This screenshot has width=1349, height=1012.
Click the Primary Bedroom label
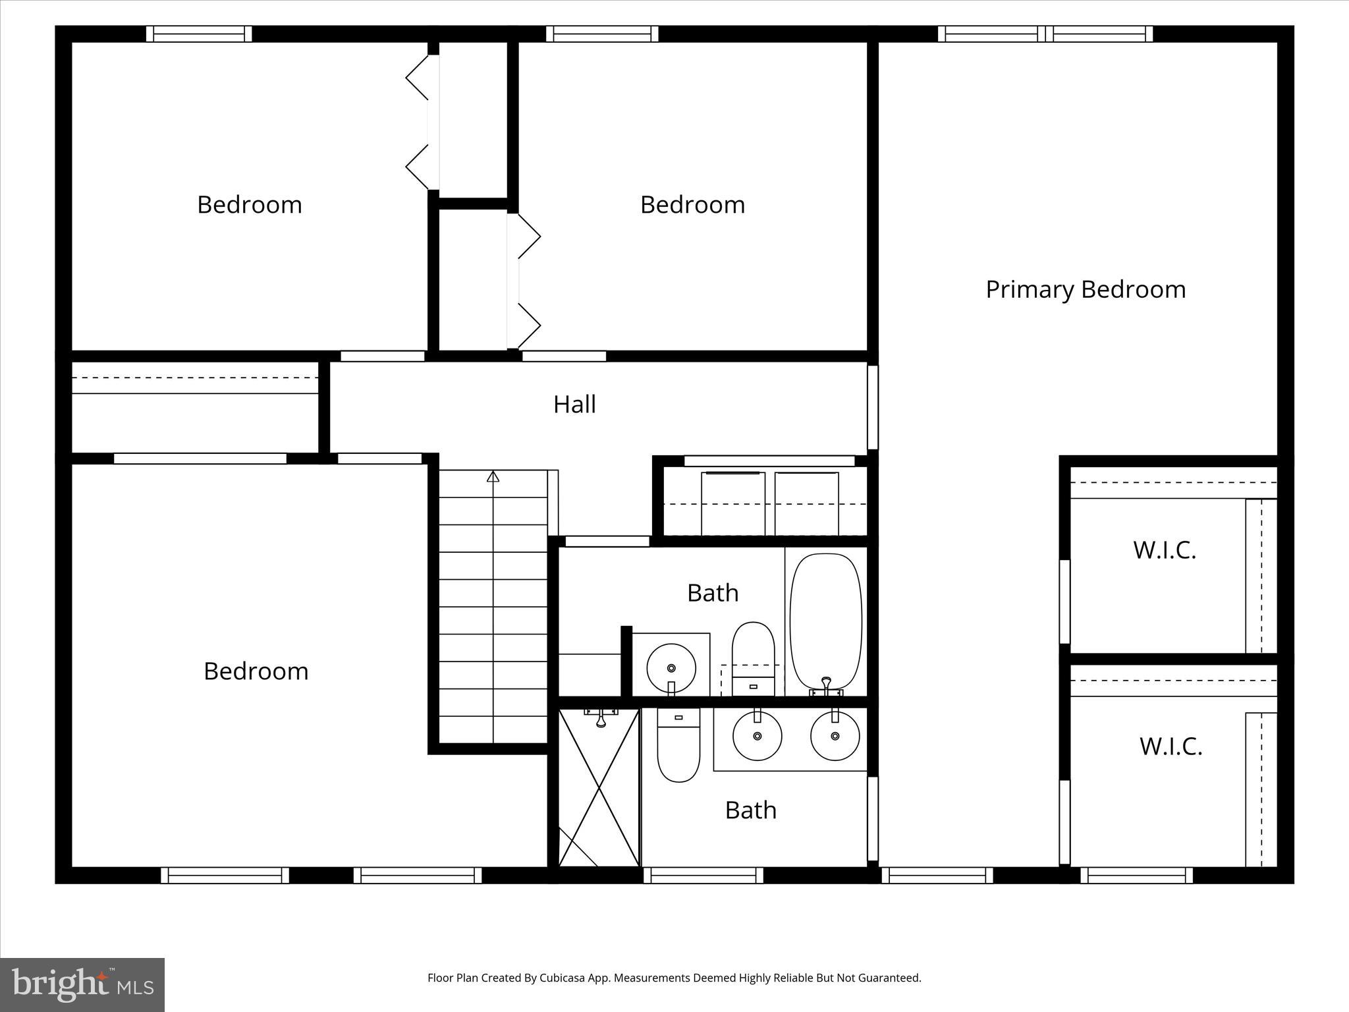tap(1085, 290)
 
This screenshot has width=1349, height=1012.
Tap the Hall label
tap(574, 405)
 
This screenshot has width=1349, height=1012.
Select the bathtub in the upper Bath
tap(825, 621)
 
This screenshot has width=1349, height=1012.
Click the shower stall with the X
tap(599, 788)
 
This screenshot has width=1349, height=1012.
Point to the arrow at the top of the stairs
tap(493, 476)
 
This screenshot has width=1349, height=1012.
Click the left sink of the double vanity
tap(757, 736)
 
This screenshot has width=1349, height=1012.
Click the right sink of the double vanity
tap(835, 736)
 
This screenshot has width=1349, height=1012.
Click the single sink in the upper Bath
tap(671, 667)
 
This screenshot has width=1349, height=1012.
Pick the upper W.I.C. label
tap(1164, 550)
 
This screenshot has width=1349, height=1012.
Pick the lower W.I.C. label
tap(1170, 746)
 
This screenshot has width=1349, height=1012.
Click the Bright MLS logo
tap(82, 984)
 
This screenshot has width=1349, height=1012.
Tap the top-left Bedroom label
tap(249, 205)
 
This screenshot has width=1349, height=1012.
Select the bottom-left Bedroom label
tap(256, 671)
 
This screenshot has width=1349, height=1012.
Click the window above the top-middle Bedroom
tap(602, 34)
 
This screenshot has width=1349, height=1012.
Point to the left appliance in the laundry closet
tap(732, 503)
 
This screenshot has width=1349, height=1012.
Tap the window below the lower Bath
tap(703, 875)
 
